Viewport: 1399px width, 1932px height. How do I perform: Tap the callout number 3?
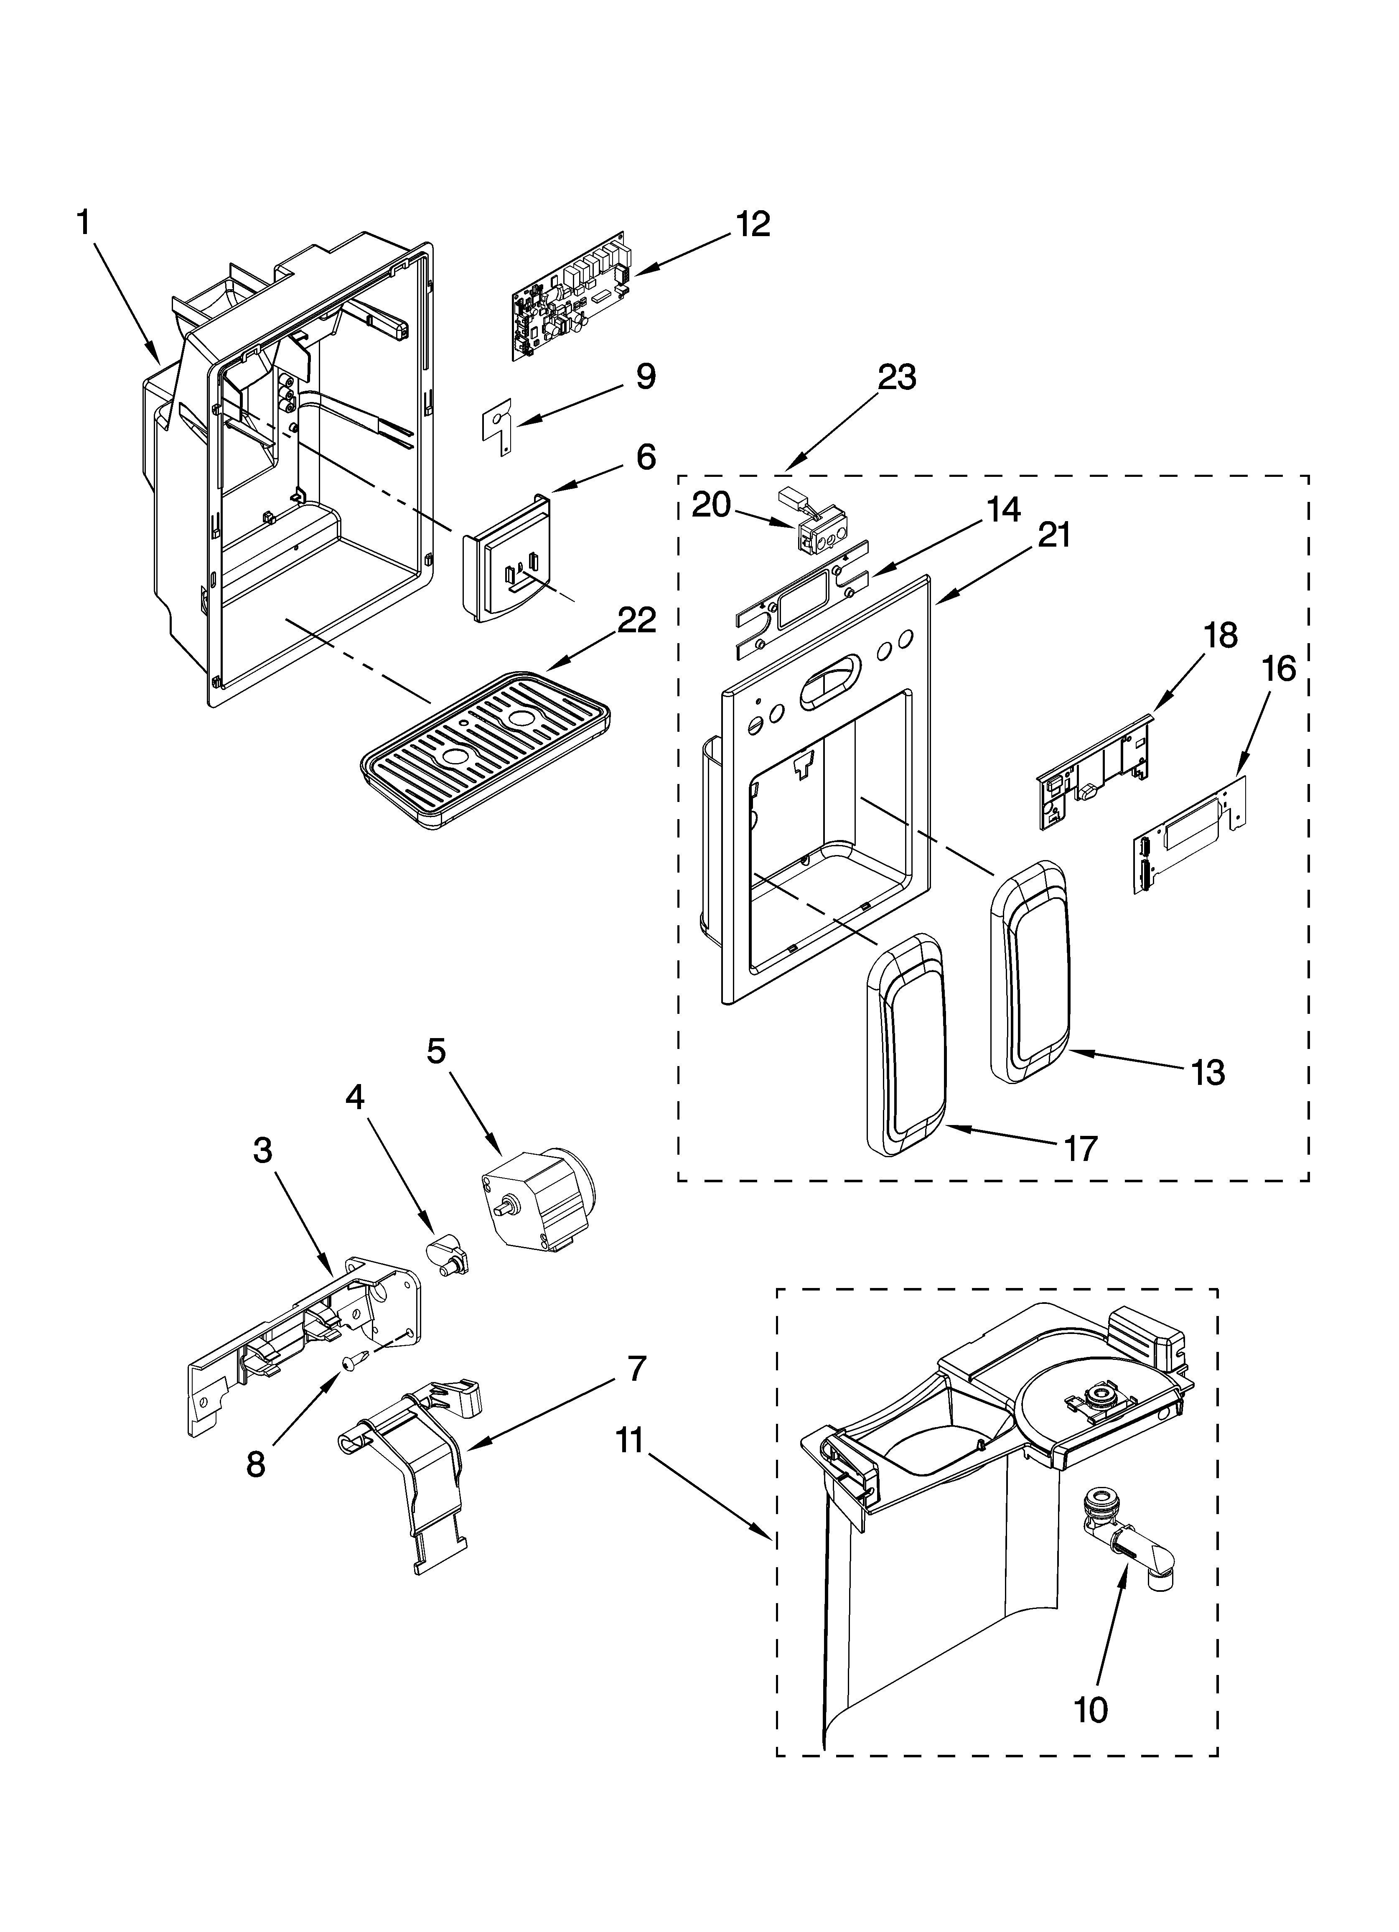(262, 1150)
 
